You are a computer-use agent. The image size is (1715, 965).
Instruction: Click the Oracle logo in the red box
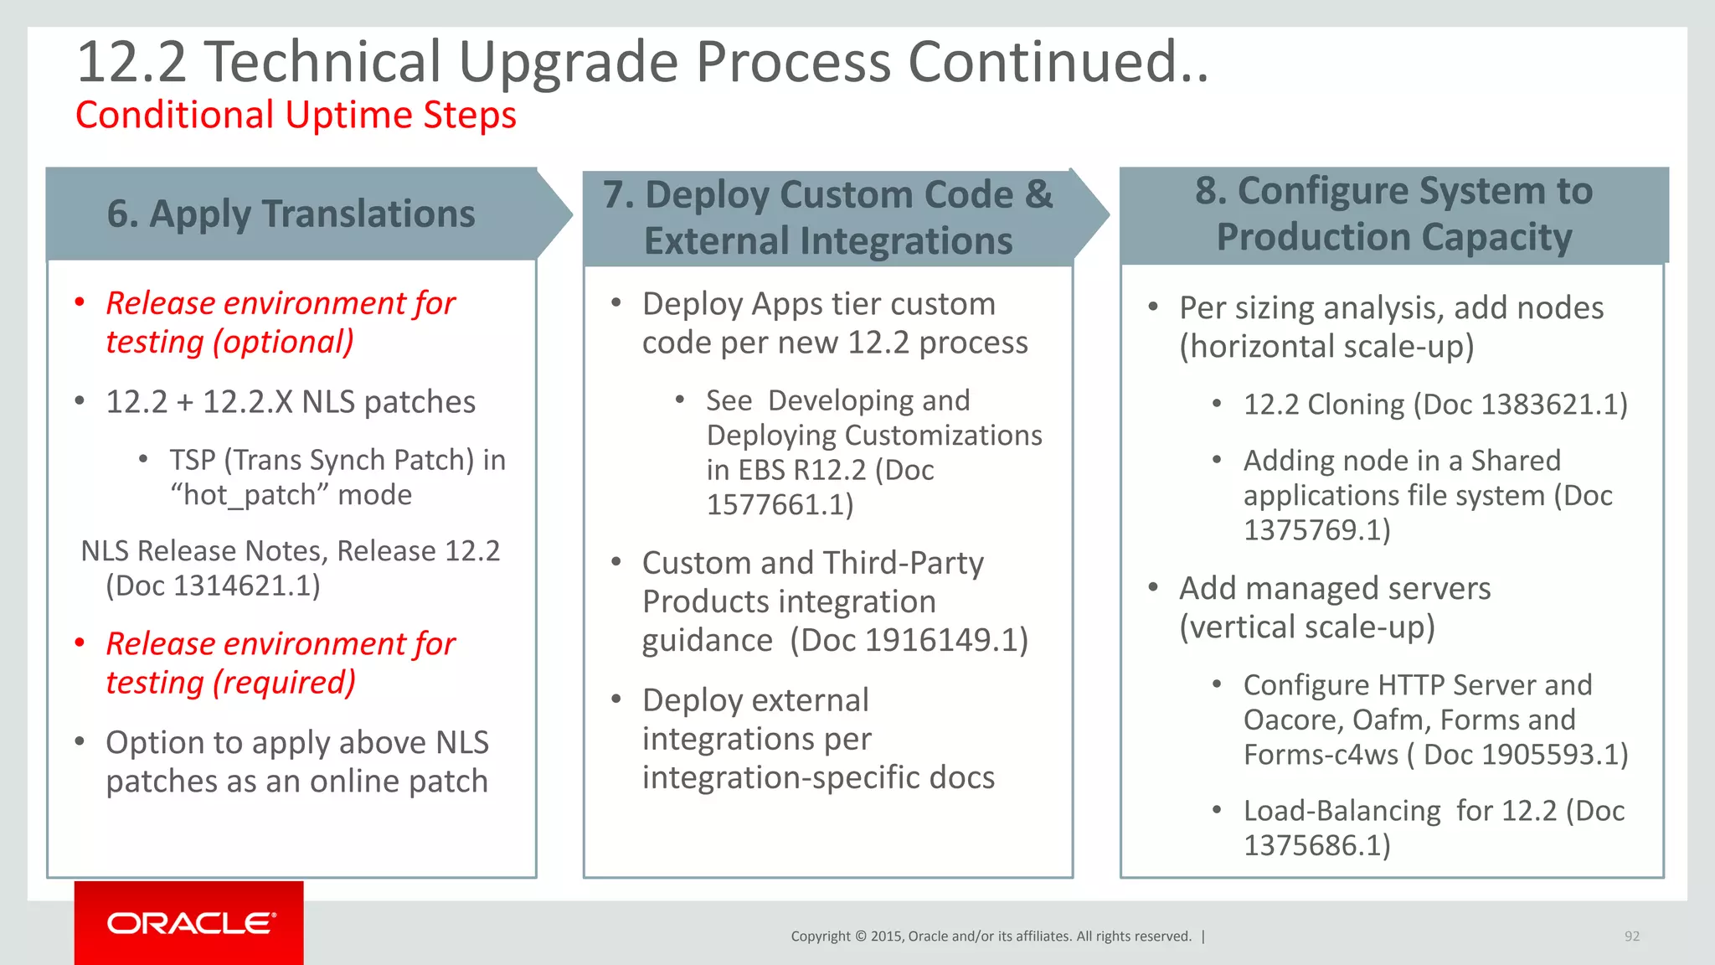(x=191, y=923)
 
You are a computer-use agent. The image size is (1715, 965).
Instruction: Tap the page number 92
(x=1631, y=937)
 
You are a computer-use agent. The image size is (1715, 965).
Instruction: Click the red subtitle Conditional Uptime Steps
(x=296, y=115)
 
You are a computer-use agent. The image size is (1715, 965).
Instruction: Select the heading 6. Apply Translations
(x=291, y=214)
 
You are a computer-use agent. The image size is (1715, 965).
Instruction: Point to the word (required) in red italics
(x=285, y=683)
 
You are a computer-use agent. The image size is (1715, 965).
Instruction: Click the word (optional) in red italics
(x=284, y=342)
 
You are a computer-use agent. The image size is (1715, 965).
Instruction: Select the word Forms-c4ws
(x=1321, y=755)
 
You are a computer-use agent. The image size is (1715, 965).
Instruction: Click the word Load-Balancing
(x=1342, y=811)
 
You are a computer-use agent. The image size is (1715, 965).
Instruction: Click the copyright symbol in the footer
(x=861, y=937)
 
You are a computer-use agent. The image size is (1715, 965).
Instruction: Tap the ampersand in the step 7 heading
(x=1038, y=194)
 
